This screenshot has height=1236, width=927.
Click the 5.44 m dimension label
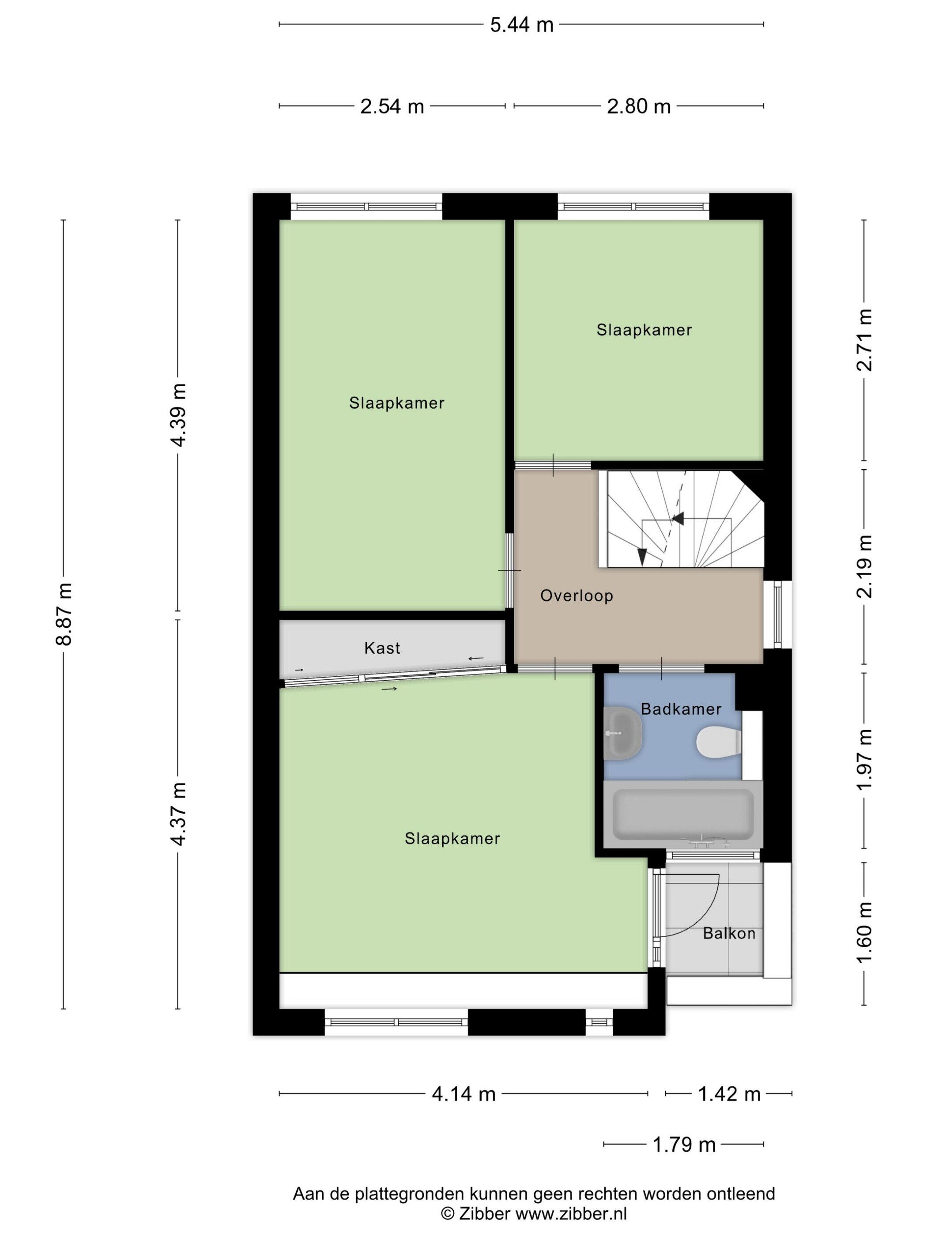pyautogui.click(x=521, y=25)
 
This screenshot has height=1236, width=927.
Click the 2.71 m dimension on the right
pyautogui.click(x=864, y=340)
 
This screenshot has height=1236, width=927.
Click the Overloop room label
pyautogui.click(x=577, y=595)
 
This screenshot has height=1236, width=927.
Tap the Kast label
pyautogui.click(x=382, y=648)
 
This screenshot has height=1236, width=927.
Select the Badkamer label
pyautogui.click(x=681, y=709)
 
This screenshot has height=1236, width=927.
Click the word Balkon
pyautogui.click(x=729, y=933)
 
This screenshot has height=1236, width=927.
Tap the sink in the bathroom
pyautogui.click(x=623, y=733)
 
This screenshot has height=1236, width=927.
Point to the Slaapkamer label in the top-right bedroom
pyautogui.click(x=644, y=330)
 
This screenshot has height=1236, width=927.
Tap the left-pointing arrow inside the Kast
pyautogui.click(x=476, y=659)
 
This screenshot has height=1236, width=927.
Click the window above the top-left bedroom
pyautogui.click(x=366, y=207)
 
